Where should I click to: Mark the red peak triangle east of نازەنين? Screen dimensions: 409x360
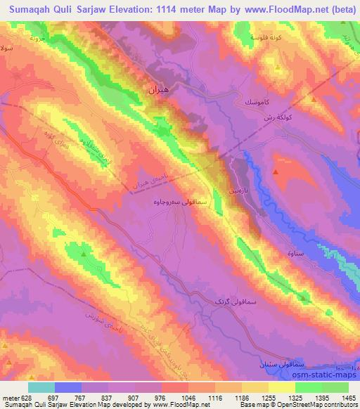pyautogui.click(x=276, y=171)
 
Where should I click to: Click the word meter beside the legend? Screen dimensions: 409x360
pyautogui.click(x=10, y=397)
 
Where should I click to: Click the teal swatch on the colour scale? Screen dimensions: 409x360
pyautogui.click(x=41, y=387)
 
